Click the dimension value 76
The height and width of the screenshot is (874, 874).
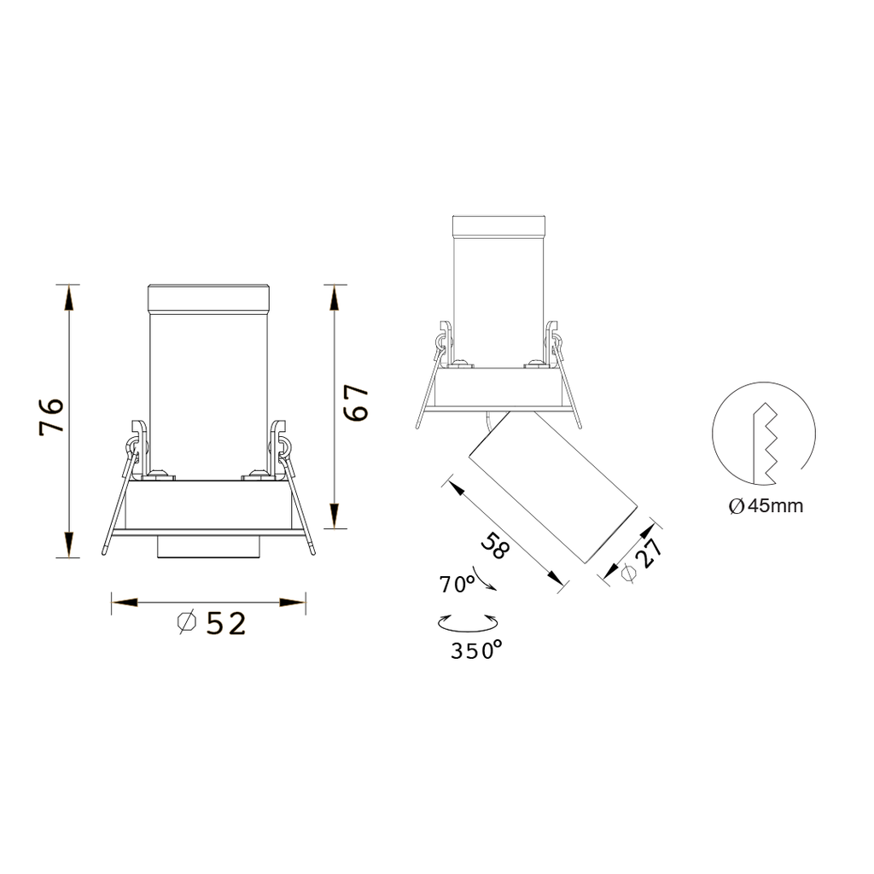pos(51,416)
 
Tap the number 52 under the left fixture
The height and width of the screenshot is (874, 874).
pos(225,624)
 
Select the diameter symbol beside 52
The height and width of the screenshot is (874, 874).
pos(187,622)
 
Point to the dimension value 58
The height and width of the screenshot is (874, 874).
pos(494,545)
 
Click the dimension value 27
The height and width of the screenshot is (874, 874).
pos(650,553)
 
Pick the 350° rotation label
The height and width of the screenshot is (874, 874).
pos(476,650)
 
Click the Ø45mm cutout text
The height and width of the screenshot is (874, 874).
pos(766,506)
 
